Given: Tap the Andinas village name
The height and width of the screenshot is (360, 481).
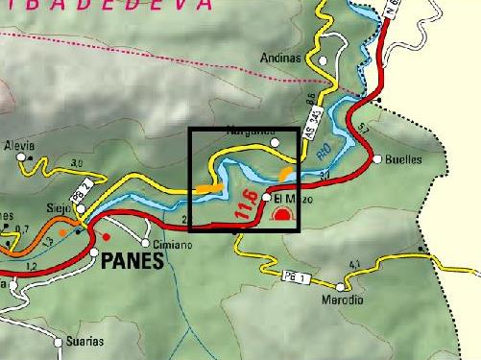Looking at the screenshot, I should point(280,59).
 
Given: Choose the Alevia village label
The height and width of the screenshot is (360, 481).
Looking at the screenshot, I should point(19,145).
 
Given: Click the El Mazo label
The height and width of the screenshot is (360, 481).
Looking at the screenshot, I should point(290,199).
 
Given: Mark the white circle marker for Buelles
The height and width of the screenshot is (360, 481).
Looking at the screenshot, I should point(378,159).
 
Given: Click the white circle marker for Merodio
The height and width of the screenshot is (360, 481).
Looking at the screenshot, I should point(341,287).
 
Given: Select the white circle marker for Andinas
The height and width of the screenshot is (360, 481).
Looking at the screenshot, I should point(325,60).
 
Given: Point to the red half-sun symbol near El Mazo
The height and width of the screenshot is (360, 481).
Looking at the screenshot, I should point(281,216).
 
